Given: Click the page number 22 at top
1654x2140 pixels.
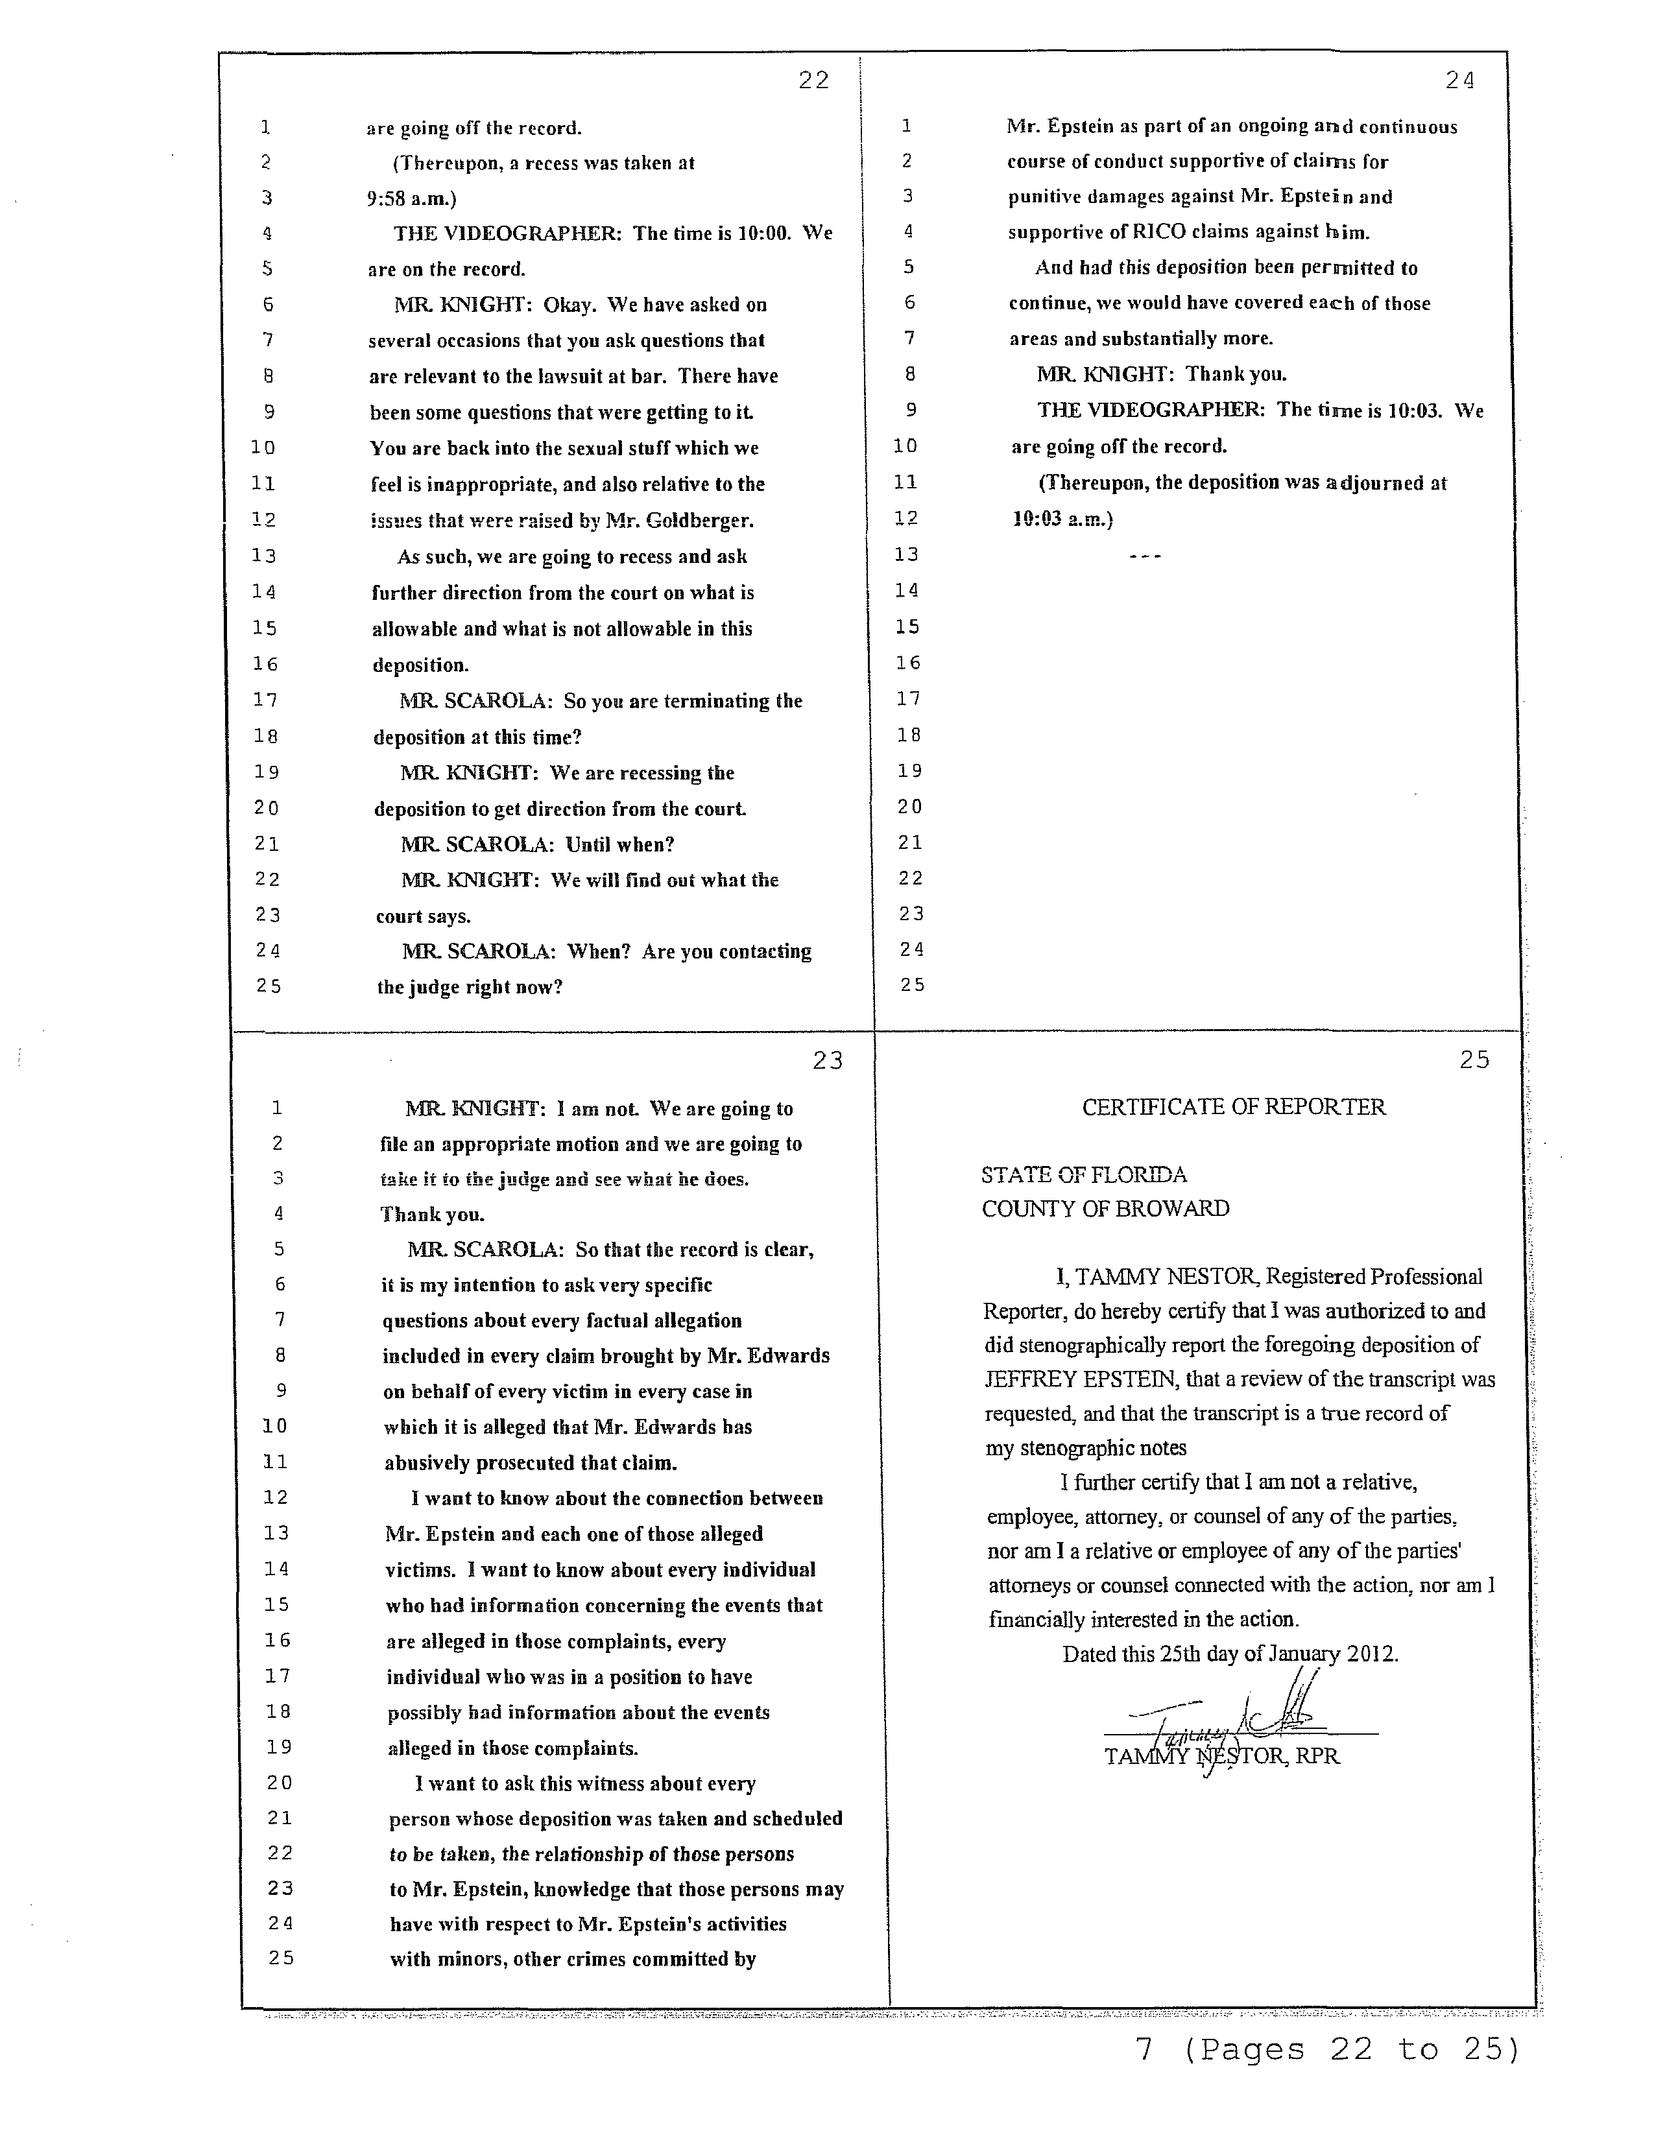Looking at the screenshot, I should pos(813,80).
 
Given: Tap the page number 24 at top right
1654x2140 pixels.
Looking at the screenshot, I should pos(1459,81).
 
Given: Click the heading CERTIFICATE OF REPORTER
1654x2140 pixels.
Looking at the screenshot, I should pos(1232,1107).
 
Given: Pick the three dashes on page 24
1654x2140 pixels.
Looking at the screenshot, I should pos(1144,556).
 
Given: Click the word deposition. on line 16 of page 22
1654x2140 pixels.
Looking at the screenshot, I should pos(420,665).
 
